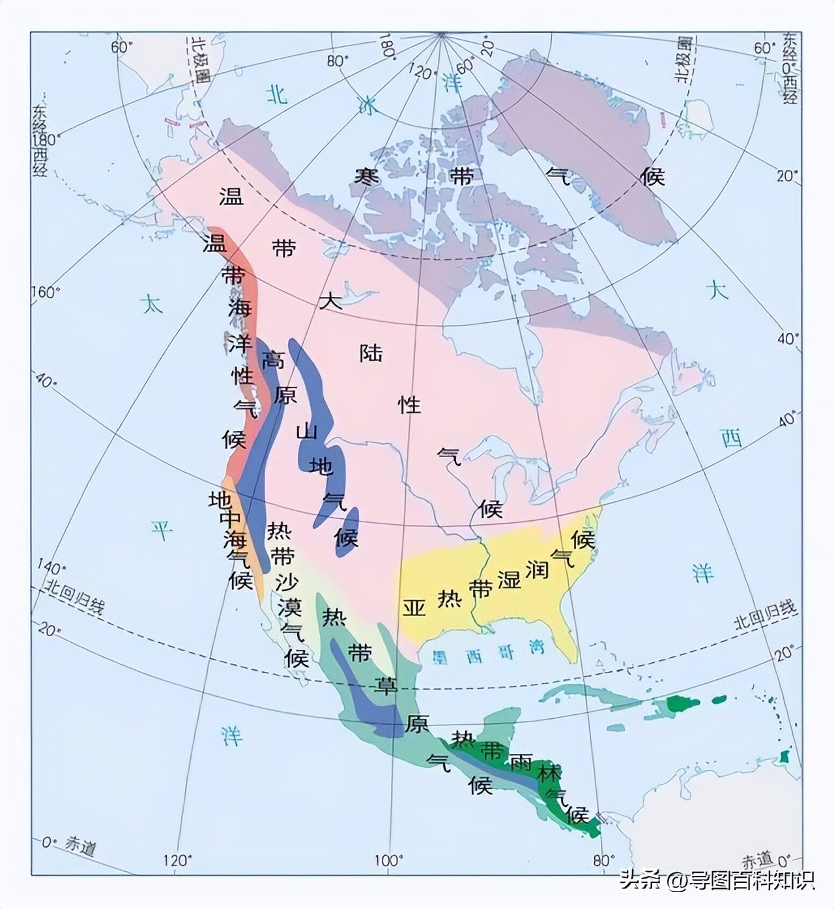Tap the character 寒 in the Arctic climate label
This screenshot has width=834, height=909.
pos(367,176)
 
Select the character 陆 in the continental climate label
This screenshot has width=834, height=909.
pos(371,353)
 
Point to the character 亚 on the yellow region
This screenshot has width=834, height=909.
pos(414,607)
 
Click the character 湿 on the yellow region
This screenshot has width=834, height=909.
pos(509,579)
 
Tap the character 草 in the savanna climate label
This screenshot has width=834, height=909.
pos(384,685)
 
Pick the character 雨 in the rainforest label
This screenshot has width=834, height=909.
pos(521,762)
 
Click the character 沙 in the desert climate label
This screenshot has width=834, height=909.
pos(286,582)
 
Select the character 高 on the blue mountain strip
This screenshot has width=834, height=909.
pos(273,359)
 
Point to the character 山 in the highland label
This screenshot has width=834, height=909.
pos(307,432)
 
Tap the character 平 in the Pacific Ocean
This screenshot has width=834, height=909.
pos(162,531)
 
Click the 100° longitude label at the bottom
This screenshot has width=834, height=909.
pos(388,861)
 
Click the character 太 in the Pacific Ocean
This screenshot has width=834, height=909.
pos(152,304)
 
